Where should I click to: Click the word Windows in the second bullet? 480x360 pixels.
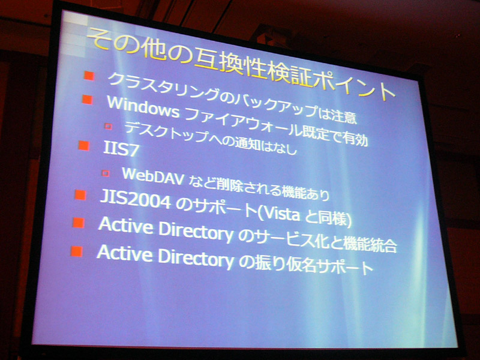click(x=143, y=107)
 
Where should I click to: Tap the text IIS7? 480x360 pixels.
click(x=121, y=149)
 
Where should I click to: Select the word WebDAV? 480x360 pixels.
click(x=153, y=176)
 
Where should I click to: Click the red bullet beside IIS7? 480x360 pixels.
click(x=83, y=146)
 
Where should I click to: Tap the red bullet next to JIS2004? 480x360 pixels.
click(x=80, y=195)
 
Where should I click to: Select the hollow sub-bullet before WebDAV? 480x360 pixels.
click(x=106, y=173)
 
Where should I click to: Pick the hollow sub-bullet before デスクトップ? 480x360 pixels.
click(x=109, y=126)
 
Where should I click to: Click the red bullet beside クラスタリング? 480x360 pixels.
click(x=89, y=76)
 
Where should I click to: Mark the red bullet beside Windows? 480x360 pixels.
click(x=87, y=100)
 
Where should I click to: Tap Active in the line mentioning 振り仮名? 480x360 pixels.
click(x=125, y=253)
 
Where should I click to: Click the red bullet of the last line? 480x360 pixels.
click(x=77, y=251)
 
